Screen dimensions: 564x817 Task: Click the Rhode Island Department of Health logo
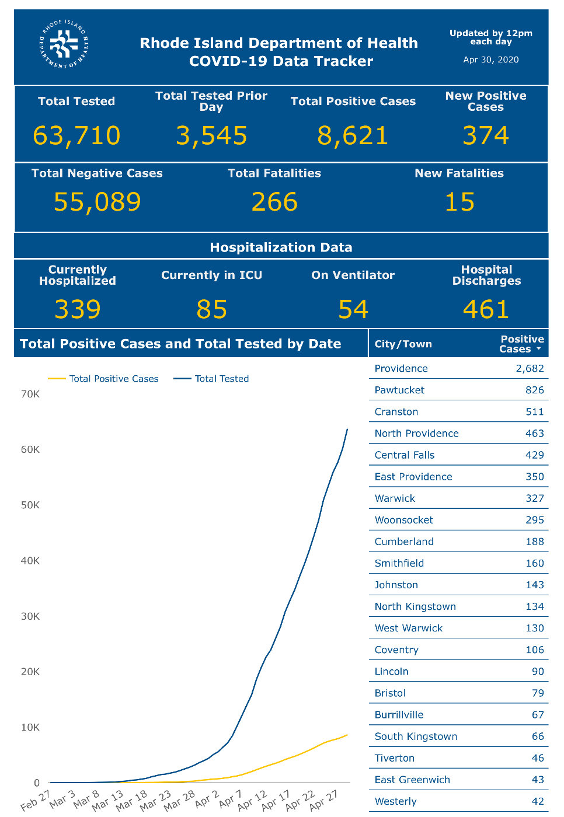(64, 44)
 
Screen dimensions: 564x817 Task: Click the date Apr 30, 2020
(490, 60)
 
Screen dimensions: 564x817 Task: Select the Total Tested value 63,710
(76, 135)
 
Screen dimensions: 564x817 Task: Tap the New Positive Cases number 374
(486, 135)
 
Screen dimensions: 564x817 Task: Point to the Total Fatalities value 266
(274, 202)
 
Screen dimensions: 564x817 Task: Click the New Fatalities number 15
(459, 202)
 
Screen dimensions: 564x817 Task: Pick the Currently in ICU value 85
(211, 309)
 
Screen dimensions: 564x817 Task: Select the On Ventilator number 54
(353, 309)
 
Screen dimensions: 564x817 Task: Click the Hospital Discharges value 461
(486, 309)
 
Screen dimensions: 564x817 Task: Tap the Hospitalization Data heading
(281, 247)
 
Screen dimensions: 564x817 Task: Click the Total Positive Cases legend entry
(103, 379)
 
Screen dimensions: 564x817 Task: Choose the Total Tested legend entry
(211, 379)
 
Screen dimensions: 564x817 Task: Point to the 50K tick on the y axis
(30, 505)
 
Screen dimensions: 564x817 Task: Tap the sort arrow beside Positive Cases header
(539, 349)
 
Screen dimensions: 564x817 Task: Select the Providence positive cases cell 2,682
(530, 368)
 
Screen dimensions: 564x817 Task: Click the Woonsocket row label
(404, 520)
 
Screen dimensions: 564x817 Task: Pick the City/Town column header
(403, 344)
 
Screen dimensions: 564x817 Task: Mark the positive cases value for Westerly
(538, 801)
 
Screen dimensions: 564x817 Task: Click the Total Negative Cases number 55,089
(97, 202)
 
